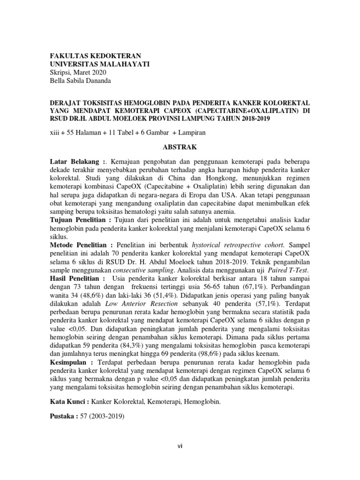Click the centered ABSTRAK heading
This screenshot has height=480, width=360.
tap(180, 147)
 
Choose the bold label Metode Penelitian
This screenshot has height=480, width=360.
tap(80, 245)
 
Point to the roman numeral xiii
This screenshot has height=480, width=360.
tap(56, 133)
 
